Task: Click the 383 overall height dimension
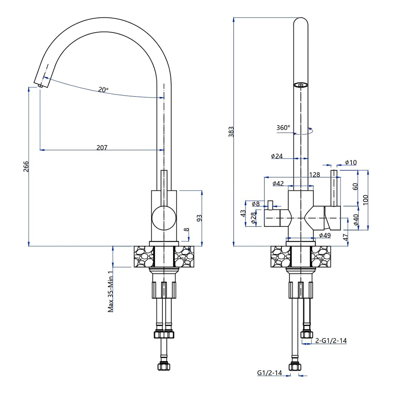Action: click(x=231, y=132)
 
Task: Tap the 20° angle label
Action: click(x=103, y=89)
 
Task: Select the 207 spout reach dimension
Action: click(x=102, y=147)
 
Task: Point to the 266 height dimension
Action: click(x=26, y=167)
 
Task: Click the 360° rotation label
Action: click(x=283, y=128)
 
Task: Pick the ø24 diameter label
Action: click(x=277, y=156)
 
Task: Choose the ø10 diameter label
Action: click(x=351, y=162)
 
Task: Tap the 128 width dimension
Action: click(x=314, y=175)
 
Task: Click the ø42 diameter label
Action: click(x=278, y=184)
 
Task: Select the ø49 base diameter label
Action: click(x=325, y=235)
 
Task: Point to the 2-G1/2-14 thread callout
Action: click(x=331, y=340)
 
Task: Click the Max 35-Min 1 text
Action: click(x=111, y=292)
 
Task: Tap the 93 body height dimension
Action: click(x=199, y=218)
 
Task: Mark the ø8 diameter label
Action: click(x=256, y=204)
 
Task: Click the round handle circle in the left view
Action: click(x=164, y=218)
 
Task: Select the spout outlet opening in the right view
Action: click(x=301, y=85)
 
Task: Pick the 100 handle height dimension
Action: click(x=366, y=200)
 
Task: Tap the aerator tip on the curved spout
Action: click(x=40, y=86)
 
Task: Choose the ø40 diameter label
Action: click(x=356, y=219)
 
